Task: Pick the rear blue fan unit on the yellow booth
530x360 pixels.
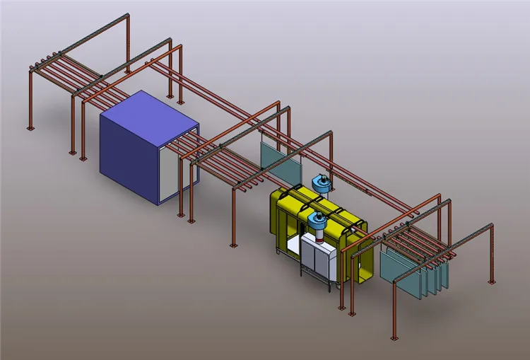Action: (x=322, y=182)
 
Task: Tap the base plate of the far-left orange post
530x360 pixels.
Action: (x=30, y=128)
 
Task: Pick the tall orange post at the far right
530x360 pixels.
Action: (x=490, y=255)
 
